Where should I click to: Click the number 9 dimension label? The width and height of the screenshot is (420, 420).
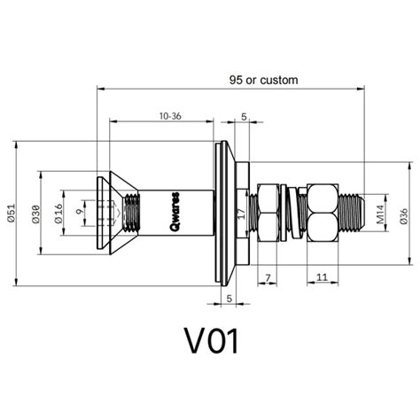pyautogui.click(x=79, y=213)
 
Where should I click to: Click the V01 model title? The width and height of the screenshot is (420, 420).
pyautogui.click(x=210, y=341)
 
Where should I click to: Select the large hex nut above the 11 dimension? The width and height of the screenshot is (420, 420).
pyautogui.click(x=321, y=213)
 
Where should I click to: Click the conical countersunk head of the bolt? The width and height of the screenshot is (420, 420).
pyautogui.click(x=111, y=213)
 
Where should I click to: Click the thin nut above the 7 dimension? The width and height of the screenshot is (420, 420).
pyautogui.click(x=268, y=213)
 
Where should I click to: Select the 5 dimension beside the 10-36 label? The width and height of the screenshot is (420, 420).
pyautogui.click(x=244, y=115)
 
